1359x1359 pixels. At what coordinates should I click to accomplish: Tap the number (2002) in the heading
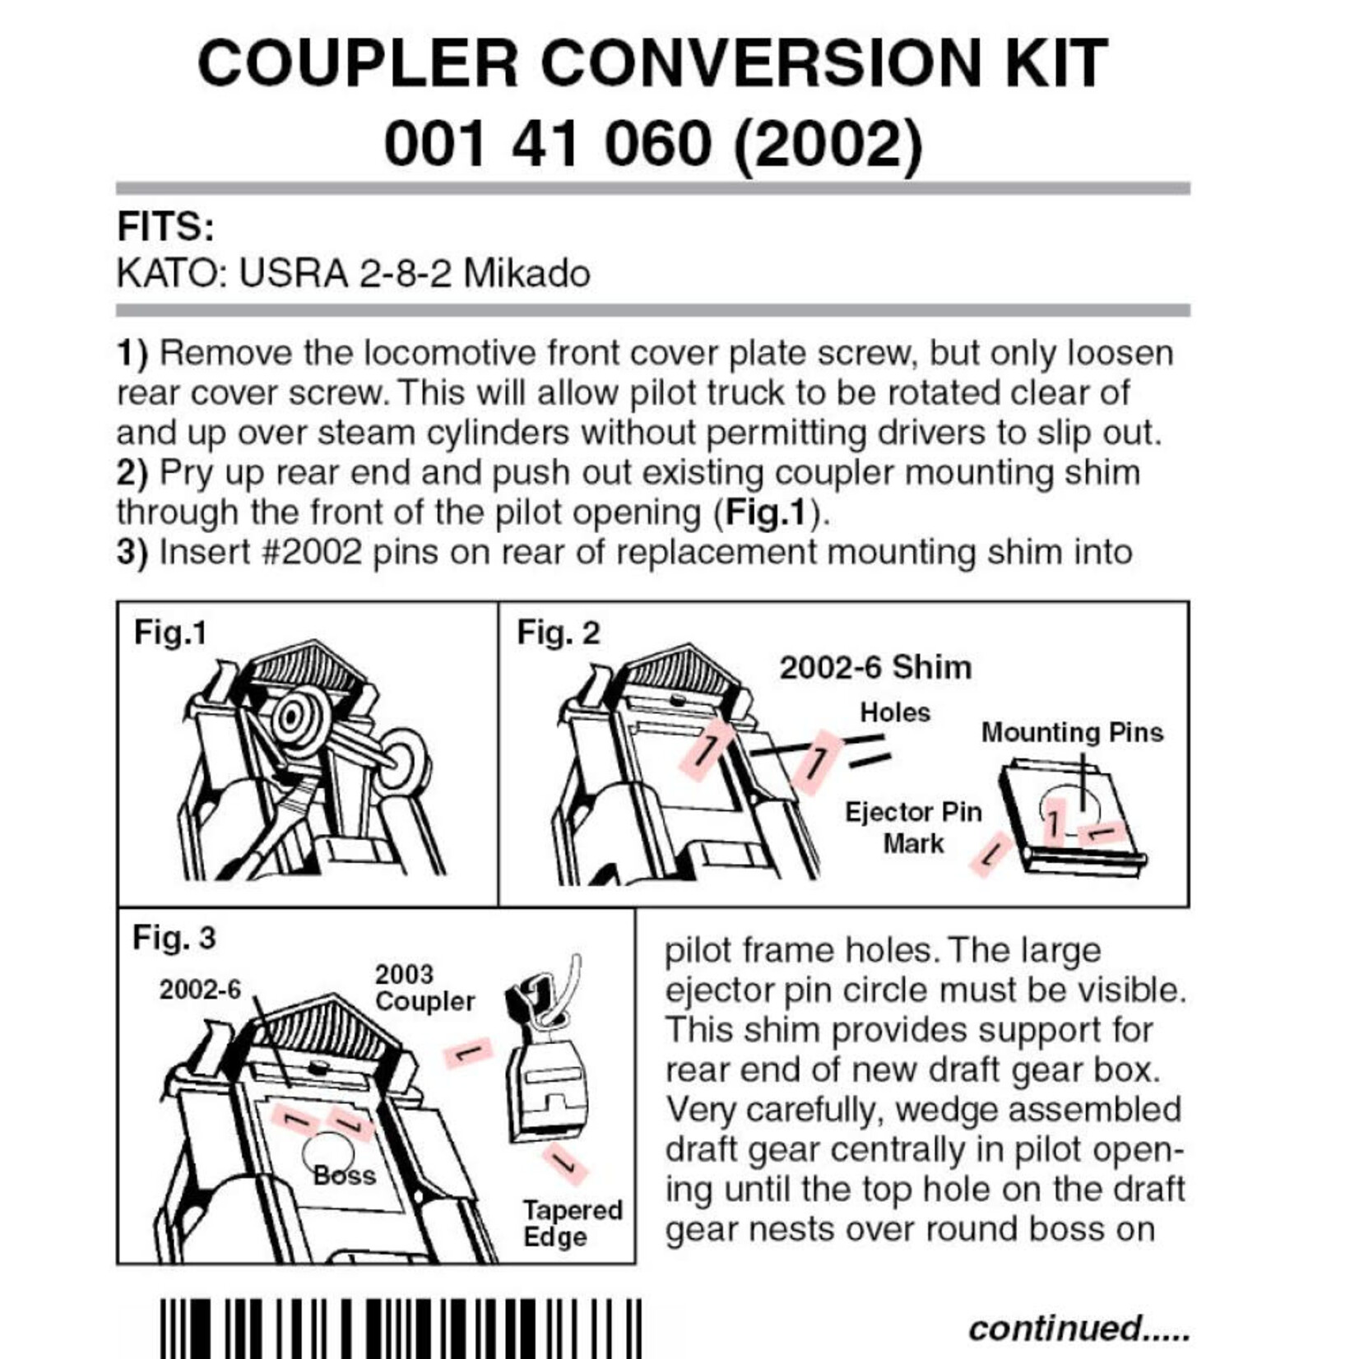tap(828, 143)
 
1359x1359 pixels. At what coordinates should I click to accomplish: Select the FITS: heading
tap(165, 227)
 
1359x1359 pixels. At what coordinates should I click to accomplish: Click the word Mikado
tap(526, 274)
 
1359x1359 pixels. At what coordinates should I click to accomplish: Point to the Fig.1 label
tap(170, 633)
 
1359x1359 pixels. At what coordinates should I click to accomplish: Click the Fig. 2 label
tap(558, 633)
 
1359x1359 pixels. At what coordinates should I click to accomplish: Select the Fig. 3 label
tap(174, 937)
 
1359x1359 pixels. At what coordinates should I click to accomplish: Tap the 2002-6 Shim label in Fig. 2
tap(874, 667)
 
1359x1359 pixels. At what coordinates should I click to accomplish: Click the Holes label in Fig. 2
tap(894, 712)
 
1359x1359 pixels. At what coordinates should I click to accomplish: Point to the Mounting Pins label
tap(1071, 732)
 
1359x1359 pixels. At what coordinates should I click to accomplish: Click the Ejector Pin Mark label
tap(913, 827)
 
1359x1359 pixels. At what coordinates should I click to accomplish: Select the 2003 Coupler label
tap(424, 987)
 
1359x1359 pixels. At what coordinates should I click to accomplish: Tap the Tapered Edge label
tap(573, 1222)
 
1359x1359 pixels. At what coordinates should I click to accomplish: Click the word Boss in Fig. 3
tap(344, 1176)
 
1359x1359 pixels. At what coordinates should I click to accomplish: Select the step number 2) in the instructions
tap(132, 473)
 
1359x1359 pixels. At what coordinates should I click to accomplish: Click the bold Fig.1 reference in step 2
tap(765, 513)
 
